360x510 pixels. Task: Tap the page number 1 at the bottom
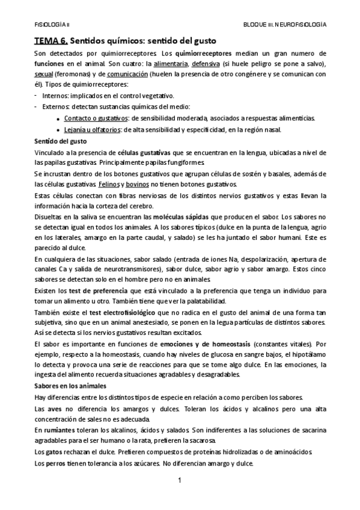tap(179, 481)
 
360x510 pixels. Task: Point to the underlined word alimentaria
tap(169, 64)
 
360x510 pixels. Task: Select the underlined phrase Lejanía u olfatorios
tap(92, 129)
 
